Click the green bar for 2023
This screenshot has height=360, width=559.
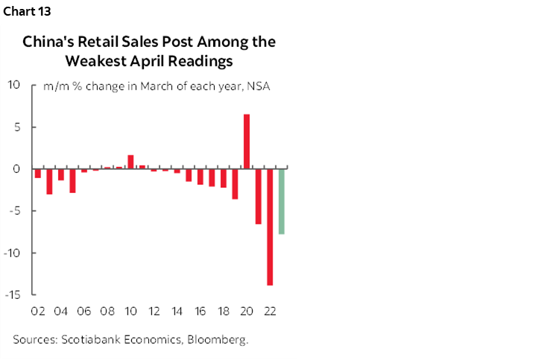(282, 201)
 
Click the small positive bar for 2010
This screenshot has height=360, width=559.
(130, 162)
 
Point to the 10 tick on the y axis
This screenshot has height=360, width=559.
(14, 85)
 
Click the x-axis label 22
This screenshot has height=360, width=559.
(270, 312)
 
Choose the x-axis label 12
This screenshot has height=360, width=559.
(154, 312)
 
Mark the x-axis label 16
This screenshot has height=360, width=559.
(200, 312)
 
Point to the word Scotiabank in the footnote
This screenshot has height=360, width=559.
(94, 340)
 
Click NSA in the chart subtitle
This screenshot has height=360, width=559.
(258, 86)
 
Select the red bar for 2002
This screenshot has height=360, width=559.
(38, 173)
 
